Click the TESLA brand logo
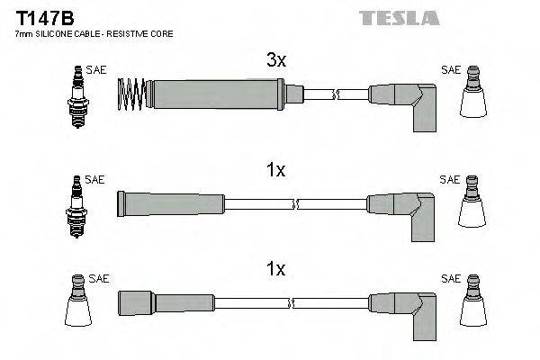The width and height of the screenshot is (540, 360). pos(399,17)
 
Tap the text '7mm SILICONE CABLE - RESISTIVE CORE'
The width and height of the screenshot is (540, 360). pos(94,33)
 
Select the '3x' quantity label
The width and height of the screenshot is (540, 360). pos(275,60)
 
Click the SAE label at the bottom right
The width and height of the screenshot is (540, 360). pos(450,279)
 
